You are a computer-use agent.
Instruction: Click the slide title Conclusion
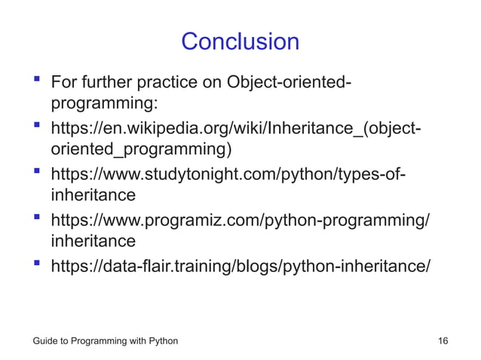[240, 41]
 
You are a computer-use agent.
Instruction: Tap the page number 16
[443, 341]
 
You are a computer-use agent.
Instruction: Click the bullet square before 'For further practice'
[35, 78]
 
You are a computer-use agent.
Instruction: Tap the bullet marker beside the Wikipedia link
[35, 124]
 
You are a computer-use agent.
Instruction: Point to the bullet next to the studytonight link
[35, 172]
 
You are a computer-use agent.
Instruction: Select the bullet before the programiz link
[35, 218]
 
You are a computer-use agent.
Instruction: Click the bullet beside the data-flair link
[35, 265]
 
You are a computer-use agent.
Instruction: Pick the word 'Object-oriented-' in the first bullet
[289, 81]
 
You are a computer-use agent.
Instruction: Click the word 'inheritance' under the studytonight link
[93, 195]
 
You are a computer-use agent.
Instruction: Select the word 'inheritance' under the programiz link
[93, 242]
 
